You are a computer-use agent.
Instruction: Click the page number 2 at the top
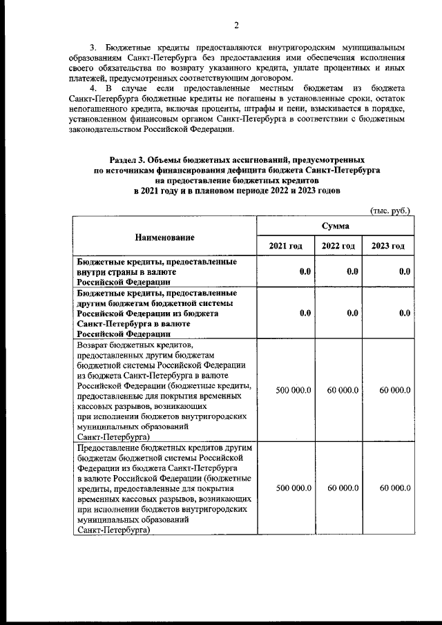tap(236, 26)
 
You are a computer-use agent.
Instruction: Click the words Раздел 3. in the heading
tap(130, 160)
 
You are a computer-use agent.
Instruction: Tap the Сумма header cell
tap(335, 226)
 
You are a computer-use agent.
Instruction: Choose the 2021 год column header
tap(285, 247)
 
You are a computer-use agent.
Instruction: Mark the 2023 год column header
tap(388, 247)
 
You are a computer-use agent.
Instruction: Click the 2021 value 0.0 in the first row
tap(305, 271)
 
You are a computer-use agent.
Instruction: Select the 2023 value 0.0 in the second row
tap(405, 312)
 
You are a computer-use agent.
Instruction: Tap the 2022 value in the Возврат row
tap(343, 390)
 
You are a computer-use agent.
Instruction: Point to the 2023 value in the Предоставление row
tap(395, 488)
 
